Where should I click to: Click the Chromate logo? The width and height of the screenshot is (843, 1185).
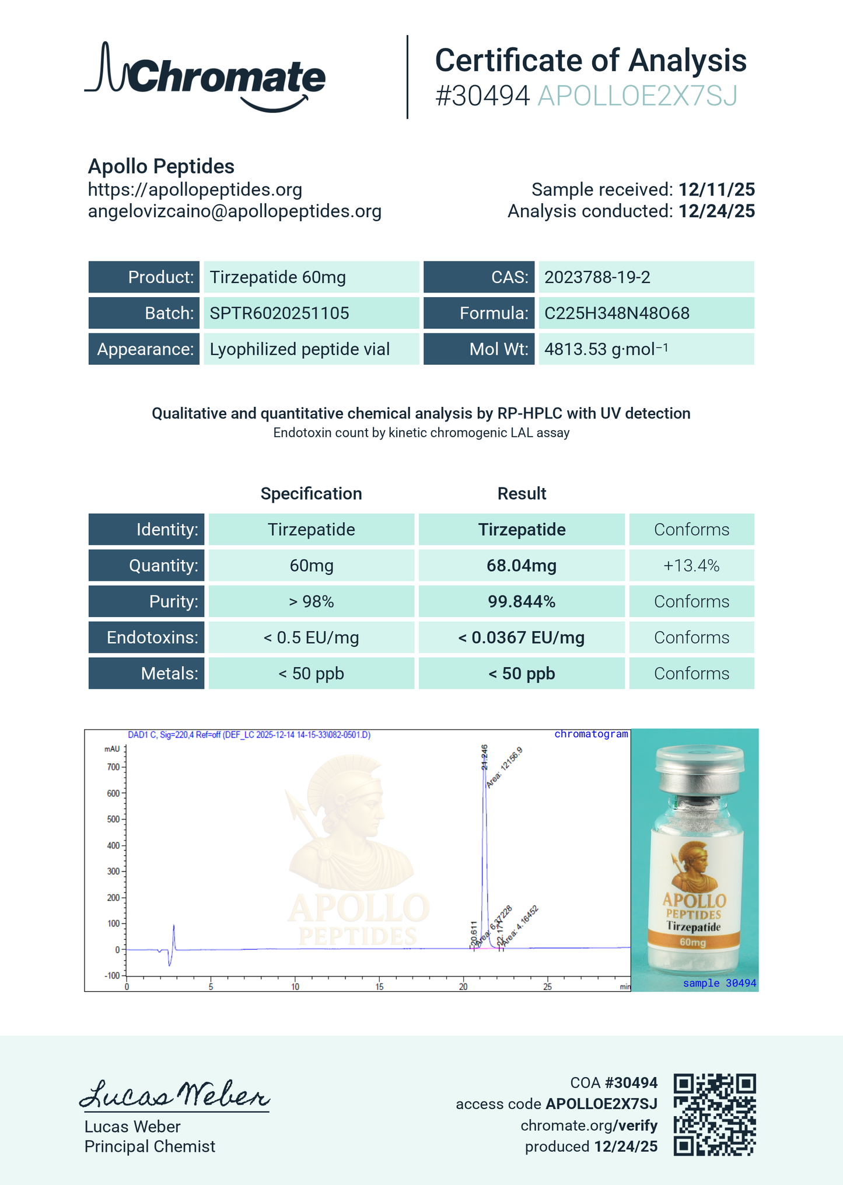click(205, 77)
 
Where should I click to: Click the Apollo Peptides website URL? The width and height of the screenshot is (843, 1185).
click(195, 190)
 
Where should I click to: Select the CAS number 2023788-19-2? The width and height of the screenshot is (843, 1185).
click(597, 277)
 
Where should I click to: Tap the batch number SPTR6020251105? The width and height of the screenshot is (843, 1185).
click(279, 313)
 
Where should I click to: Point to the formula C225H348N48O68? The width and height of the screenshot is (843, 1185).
click(617, 313)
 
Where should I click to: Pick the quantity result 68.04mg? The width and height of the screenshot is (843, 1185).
click(521, 566)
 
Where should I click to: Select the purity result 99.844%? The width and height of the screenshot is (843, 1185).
click(521, 602)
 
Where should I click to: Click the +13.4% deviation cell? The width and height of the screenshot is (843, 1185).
click(691, 566)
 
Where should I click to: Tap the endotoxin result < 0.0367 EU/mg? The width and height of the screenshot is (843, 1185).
click(521, 638)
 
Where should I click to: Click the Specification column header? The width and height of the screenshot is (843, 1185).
click(311, 494)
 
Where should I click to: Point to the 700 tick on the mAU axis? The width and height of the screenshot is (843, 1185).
click(113, 767)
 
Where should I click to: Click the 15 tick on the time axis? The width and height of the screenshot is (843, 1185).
click(379, 987)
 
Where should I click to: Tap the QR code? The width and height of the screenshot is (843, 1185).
click(715, 1114)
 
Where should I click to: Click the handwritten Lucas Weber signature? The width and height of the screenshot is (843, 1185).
click(174, 1095)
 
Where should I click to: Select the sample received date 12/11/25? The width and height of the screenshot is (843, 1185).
click(716, 190)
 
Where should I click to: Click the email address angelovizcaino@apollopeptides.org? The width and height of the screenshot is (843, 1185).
click(235, 211)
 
